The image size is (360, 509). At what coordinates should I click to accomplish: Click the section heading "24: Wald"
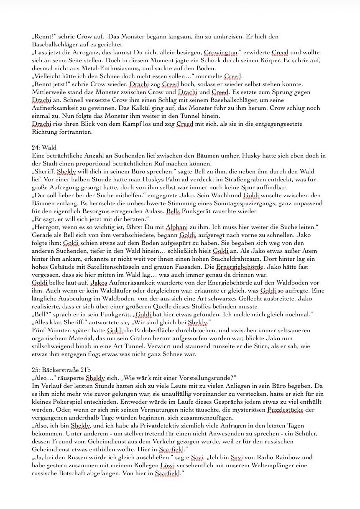(44, 148)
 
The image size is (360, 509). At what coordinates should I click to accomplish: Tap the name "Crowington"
(220, 53)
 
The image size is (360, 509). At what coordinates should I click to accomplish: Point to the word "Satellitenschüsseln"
(101, 267)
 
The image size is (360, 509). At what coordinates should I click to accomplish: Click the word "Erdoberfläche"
(149, 331)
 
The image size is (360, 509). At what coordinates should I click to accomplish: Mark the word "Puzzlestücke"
(284, 410)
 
